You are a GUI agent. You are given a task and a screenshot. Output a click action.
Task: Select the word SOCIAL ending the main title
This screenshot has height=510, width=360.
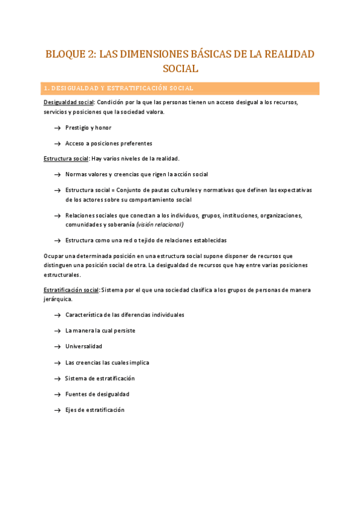(180, 69)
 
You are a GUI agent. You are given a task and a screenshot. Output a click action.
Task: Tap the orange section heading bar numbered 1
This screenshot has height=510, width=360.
(180, 88)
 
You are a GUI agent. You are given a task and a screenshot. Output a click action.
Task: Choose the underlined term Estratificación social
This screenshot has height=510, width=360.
(71, 289)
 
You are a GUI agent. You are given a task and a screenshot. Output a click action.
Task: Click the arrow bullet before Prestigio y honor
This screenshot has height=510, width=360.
(56, 128)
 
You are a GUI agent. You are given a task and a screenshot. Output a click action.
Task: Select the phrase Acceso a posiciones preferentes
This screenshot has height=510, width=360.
(108, 144)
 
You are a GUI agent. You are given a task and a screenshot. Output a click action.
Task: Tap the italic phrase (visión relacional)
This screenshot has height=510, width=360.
(159, 224)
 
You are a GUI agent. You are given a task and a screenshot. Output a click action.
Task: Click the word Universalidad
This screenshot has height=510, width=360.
(84, 346)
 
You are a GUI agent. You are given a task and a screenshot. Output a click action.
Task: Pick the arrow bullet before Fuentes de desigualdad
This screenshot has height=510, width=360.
(56, 395)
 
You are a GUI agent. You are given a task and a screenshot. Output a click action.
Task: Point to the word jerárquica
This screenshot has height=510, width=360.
(57, 299)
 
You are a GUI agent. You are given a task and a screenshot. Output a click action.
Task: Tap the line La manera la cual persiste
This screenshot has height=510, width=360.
(100, 331)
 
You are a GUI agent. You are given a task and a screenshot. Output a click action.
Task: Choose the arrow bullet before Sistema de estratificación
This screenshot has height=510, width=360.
(56, 379)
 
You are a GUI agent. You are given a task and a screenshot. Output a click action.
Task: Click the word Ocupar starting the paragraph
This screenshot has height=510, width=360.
(53, 256)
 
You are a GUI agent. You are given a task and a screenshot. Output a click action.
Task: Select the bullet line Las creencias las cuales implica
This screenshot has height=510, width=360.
(107, 363)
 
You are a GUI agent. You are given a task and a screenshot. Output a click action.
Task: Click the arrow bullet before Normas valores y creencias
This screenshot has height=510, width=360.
(56, 174)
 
